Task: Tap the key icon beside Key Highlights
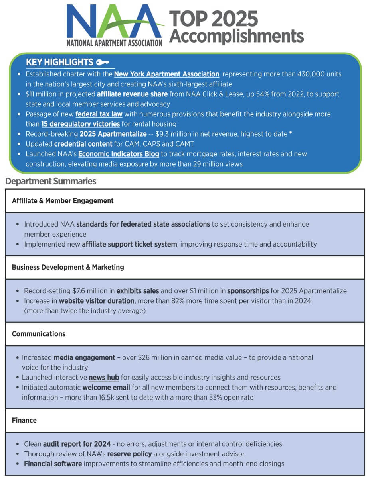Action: coord(103,62)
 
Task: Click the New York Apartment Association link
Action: coord(166,74)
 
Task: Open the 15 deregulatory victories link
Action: coord(81,124)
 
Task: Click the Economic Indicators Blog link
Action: coord(119,154)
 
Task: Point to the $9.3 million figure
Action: coord(172,134)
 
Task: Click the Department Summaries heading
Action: coord(51,182)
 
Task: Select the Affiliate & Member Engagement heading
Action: coord(63,201)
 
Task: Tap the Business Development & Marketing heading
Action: coord(68,267)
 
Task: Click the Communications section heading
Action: coord(39,334)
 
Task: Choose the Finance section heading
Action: coord(24,420)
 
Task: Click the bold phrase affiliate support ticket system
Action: coord(129,244)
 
